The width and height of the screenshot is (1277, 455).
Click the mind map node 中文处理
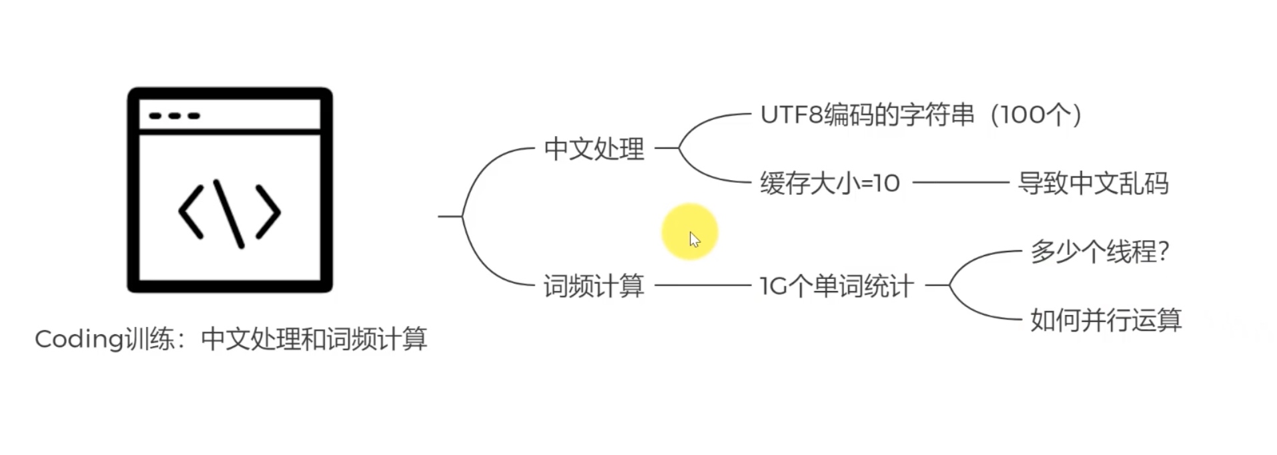[594, 149]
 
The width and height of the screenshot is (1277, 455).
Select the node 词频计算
[594, 286]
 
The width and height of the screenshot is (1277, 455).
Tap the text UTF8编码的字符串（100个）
[920, 115]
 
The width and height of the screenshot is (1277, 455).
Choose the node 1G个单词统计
[836, 286]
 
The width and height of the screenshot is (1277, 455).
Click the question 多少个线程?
[1100, 252]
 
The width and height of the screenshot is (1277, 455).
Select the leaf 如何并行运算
[1106, 320]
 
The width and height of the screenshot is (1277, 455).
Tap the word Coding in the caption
[79, 340]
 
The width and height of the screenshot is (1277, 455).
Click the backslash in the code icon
[229, 213]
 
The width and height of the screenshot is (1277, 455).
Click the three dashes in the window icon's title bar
[174, 116]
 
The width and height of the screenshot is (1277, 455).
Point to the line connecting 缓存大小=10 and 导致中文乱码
[960, 182]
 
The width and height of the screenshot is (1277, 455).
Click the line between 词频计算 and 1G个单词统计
[702, 286]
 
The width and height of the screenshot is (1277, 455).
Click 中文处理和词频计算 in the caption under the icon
[314, 340]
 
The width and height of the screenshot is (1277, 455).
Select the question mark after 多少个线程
[1164, 252]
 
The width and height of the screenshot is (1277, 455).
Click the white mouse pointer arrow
[695, 240]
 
